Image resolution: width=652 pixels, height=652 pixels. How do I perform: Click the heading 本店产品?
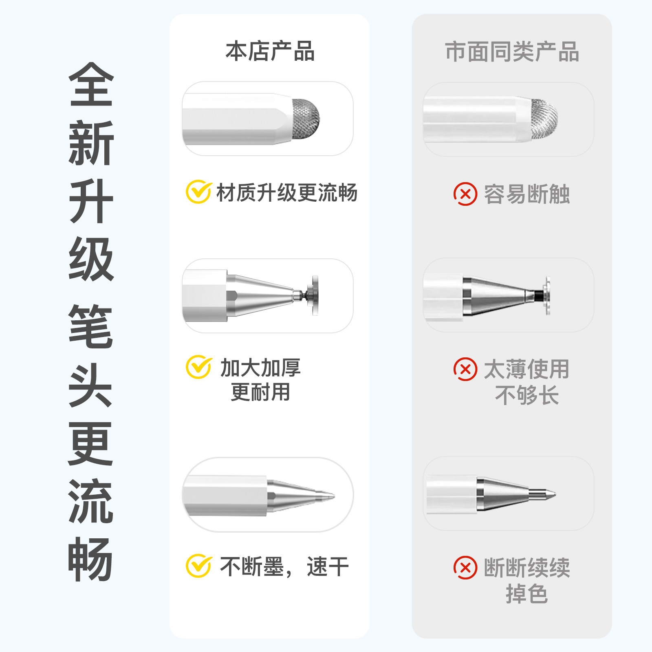[x=270, y=51]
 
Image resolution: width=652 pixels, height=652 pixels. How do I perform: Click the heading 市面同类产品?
[x=512, y=52]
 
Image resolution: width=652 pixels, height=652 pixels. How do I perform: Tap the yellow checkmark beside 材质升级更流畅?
[x=199, y=192]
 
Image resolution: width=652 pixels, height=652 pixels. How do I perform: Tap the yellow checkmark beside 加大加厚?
[x=199, y=367]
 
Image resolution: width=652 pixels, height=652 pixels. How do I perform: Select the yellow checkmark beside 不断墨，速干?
[x=199, y=566]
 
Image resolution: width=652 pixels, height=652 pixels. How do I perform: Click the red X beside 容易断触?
[x=465, y=194]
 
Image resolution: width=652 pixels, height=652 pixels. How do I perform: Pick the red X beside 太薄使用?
[x=465, y=369]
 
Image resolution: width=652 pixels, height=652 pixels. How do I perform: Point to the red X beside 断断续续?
[x=465, y=567]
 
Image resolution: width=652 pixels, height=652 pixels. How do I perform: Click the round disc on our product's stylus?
[x=315, y=295]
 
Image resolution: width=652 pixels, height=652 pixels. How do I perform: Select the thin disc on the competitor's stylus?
[x=547, y=296]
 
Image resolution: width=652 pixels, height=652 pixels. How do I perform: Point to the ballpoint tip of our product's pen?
[x=331, y=496]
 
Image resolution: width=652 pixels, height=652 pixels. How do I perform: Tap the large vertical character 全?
[x=91, y=84]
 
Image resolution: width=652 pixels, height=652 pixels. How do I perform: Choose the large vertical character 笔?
[x=91, y=326]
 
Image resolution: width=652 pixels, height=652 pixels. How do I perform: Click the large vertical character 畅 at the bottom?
[x=91, y=559]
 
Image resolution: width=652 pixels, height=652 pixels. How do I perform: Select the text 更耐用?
[x=260, y=392]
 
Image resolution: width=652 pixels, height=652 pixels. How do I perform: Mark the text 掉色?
[x=526, y=593]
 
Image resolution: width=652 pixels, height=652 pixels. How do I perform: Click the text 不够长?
[x=526, y=395]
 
